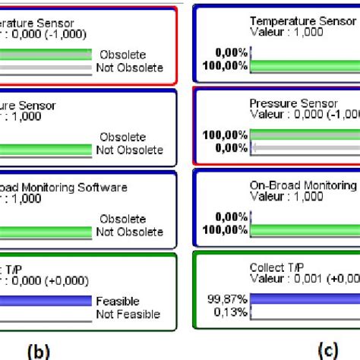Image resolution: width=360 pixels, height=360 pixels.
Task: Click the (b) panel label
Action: [x=37, y=352]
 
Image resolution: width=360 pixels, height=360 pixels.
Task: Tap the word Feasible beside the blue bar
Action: [x=117, y=302]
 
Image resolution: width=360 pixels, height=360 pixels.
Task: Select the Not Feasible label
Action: [x=128, y=313]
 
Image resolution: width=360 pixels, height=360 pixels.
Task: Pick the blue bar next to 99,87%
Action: [x=304, y=298]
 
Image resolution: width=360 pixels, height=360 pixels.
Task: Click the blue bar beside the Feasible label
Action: [x=46, y=302]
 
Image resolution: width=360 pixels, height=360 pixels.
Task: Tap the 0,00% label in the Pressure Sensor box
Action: [x=232, y=147]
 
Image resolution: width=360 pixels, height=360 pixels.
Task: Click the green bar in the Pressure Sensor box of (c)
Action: [x=304, y=134]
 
